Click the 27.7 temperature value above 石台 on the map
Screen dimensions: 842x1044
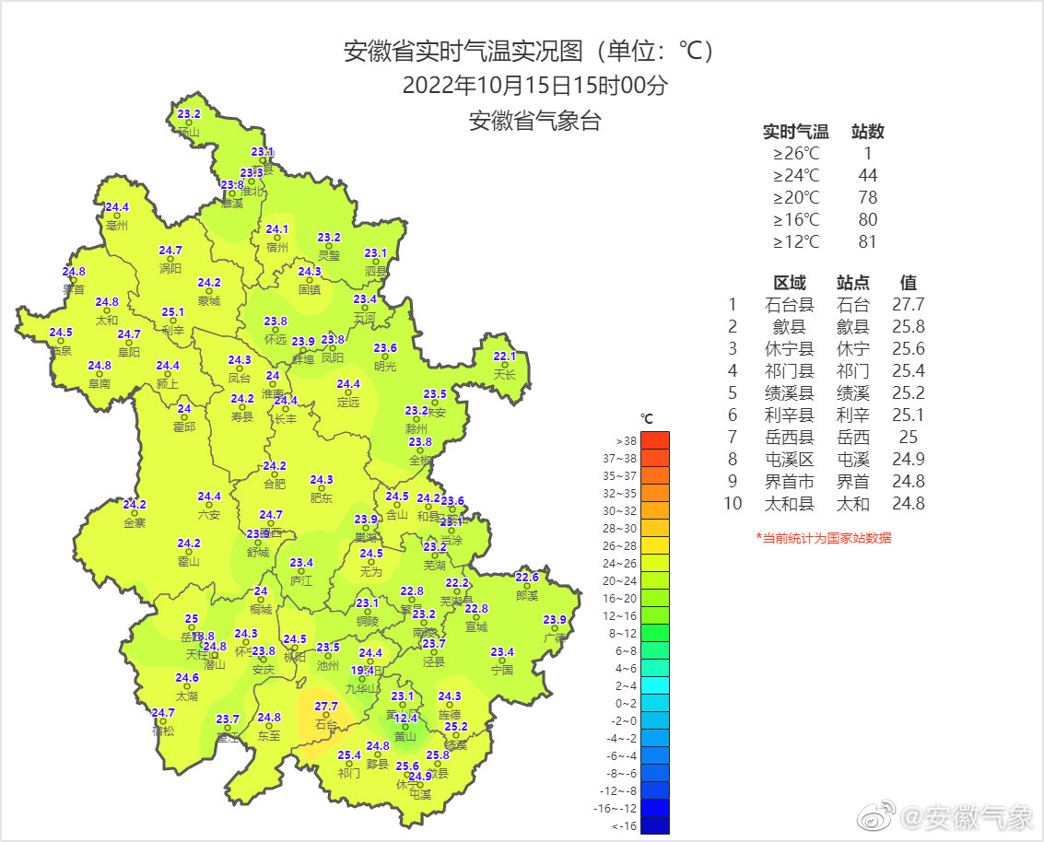coord(326,707)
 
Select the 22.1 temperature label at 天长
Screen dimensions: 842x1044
coord(505,357)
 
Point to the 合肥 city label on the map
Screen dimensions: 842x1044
coord(275,484)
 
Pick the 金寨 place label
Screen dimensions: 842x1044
coord(135,522)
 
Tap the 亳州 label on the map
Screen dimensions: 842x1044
coord(117,225)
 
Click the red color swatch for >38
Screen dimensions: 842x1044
coord(654,440)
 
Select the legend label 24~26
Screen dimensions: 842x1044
coord(619,563)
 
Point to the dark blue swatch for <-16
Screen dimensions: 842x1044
coord(654,825)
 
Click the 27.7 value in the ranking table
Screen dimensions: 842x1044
coord(908,305)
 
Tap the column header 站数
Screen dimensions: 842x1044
coord(867,132)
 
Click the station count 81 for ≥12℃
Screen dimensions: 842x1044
coord(867,242)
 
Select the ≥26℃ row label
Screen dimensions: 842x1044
coord(796,154)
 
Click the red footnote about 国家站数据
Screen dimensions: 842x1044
coord(823,538)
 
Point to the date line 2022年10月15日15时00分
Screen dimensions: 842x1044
coord(534,87)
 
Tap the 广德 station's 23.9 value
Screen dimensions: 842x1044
coord(555,619)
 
